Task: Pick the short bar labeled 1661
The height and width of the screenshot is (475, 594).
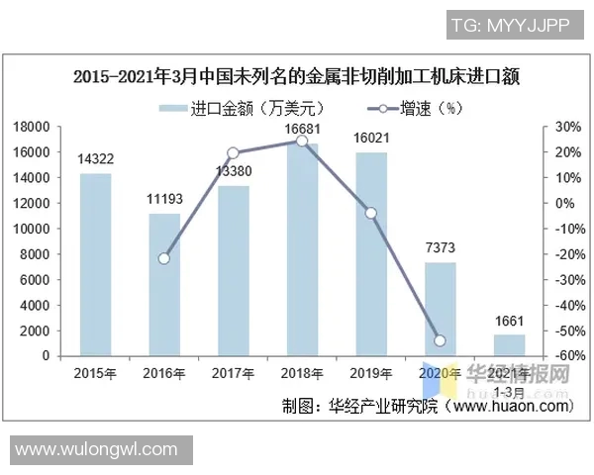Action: (509, 344)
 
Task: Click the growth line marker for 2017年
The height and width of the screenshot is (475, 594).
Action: (233, 153)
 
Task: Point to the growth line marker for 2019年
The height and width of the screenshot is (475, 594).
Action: (371, 213)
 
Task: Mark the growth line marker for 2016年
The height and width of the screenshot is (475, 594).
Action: (164, 258)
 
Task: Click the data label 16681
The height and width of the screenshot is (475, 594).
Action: (302, 129)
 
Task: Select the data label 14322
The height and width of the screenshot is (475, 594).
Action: (95, 158)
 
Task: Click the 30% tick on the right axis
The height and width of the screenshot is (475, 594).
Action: (566, 127)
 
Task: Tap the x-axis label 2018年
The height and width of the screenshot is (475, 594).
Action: (302, 373)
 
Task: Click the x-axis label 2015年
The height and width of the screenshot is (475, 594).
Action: (95, 373)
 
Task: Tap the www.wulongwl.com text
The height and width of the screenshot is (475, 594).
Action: (97, 450)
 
